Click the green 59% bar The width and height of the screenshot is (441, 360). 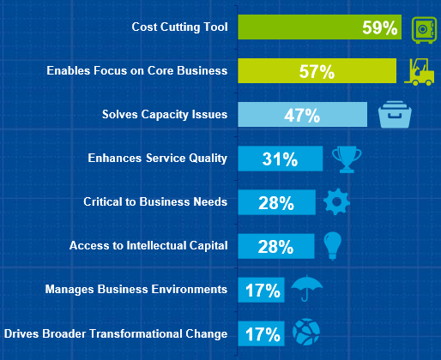pos(319,27)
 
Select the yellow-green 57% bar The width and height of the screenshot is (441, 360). pos(317,71)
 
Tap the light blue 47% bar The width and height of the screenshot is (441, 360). pos(302,114)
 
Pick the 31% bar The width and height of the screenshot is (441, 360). pos(281,159)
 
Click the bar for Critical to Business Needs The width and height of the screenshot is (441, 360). pos(276,202)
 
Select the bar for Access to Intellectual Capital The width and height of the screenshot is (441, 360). pos(276,246)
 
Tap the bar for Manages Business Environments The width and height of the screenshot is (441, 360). pos(261,290)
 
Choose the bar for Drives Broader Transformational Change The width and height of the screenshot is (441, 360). pos(261,333)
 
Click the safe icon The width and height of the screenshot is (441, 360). pos(424,30)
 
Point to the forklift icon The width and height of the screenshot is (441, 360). pos(420,72)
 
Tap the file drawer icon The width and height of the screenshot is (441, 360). pos(395,114)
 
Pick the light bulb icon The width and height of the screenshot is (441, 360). pos(332,245)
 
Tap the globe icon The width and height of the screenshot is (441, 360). pos(306,332)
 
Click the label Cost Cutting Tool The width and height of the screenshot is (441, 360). pos(179,27)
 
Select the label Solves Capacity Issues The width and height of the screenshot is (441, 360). pos(165,115)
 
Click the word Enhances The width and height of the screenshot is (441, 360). pos(115,158)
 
